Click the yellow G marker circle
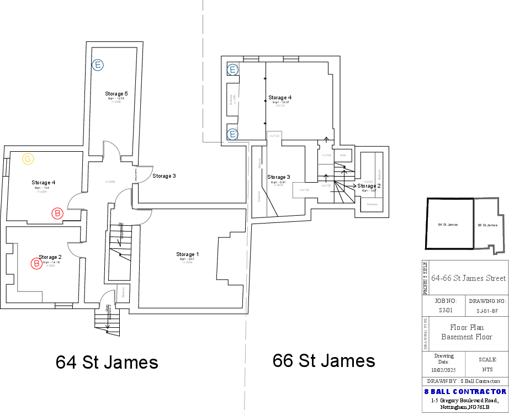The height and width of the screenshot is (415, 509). point(28,159)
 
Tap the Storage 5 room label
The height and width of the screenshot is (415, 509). point(116,94)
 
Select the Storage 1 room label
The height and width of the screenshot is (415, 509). point(188,254)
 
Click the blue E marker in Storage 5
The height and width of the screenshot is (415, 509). point(98,65)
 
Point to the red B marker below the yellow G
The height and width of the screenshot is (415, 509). point(57,213)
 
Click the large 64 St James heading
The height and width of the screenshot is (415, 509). point(107,363)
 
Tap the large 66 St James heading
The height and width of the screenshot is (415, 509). point(324,361)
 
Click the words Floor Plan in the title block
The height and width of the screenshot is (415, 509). point(467,327)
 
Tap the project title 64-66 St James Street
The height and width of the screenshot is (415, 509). point(469,279)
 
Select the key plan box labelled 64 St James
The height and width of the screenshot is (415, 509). point(449,225)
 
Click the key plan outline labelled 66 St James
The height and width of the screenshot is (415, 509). point(489,225)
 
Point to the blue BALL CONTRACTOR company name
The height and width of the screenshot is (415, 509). point(465,391)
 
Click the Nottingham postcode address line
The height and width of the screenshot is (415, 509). point(465,407)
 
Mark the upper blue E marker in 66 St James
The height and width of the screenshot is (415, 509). point(233,70)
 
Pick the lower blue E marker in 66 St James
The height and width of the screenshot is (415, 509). point(233,134)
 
